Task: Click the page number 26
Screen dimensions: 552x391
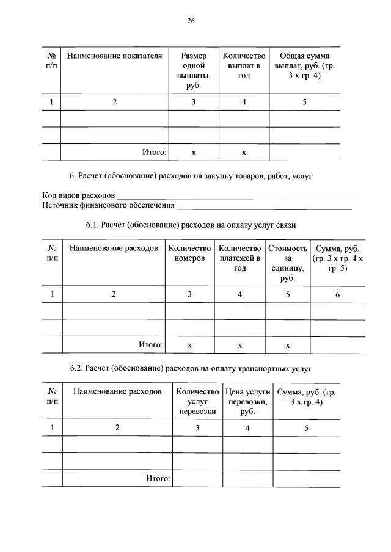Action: tap(191, 20)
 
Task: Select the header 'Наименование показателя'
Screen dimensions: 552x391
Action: tap(114, 56)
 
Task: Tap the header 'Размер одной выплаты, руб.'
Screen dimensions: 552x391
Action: tap(193, 70)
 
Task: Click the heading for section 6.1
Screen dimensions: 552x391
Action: tap(191, 225)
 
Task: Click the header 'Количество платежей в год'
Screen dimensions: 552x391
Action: tap(239, 258)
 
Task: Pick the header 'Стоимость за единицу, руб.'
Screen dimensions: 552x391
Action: tap(287, 263)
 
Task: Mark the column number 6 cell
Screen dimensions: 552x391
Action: tap(337, 294)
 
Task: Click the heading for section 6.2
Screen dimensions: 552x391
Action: tap(191, 369)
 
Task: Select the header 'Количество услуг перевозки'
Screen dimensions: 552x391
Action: tap(197, 401)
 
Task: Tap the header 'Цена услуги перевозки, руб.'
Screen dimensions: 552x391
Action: tap(247, 401)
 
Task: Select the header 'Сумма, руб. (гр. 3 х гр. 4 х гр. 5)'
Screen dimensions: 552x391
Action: tap(337, 258)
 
